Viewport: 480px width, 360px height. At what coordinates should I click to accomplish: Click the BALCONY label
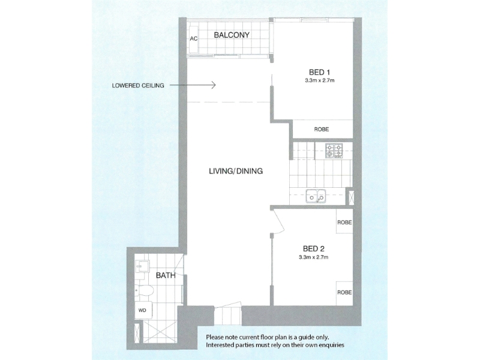point(232,35)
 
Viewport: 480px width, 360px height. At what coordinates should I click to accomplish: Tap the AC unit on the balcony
point(193,39)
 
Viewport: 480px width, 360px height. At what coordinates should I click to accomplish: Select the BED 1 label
point(319,73)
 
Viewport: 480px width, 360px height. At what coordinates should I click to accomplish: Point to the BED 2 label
point(313,248)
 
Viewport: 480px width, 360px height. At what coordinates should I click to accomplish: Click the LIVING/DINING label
point(236,171)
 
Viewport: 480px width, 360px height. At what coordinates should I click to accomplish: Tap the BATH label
point(166,275)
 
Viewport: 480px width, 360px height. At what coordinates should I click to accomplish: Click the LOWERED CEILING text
point(138,85)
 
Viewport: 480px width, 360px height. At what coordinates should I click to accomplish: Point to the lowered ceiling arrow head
point(214,85)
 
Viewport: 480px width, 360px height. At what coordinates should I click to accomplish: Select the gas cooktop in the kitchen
point(334,151)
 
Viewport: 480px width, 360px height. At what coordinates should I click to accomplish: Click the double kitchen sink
point(316,196)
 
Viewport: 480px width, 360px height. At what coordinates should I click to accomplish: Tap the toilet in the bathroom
point(144,290)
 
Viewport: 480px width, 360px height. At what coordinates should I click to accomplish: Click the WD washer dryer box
point(142,310)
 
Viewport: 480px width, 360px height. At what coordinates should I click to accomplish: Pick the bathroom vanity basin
point(142,266)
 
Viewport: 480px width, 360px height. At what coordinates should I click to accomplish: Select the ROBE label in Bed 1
point(322,129)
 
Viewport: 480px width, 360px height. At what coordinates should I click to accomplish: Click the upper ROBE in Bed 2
point(344,222)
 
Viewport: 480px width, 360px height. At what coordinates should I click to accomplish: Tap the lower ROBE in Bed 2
point(344,292)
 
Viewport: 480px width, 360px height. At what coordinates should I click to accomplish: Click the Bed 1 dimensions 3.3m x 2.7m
point(319,81)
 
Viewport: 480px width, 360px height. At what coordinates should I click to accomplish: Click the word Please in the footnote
point(215,337)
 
